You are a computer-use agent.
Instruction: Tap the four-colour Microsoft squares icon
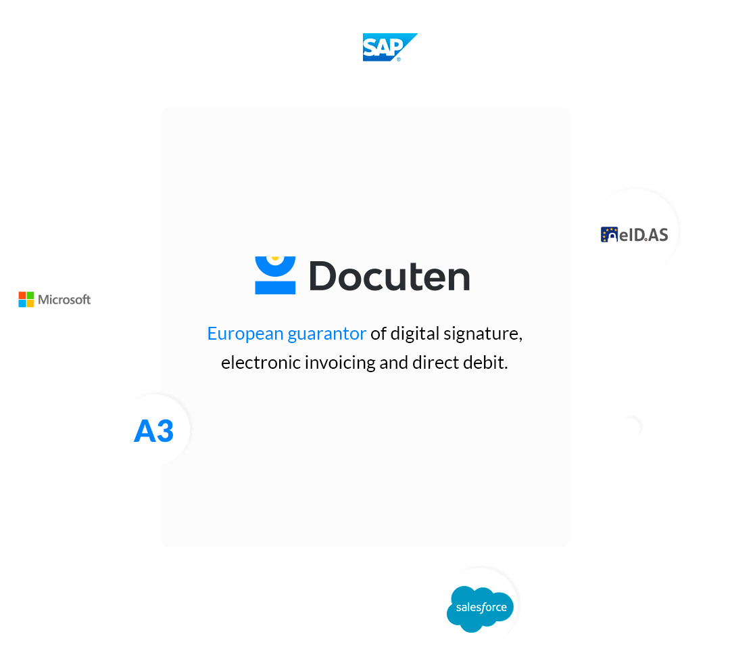click(26, 299)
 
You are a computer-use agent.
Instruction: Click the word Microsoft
click(64, 299)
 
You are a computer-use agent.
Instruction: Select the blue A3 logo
click(153, 431)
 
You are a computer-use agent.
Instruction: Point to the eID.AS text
click(644, 235)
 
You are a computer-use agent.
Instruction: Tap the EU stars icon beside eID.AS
click(609, 235)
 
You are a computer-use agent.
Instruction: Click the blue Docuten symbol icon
click(275, 275)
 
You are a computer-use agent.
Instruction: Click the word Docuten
click(390, 276)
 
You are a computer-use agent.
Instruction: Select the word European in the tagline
click(245, 334)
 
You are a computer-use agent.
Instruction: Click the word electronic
click(261, 363)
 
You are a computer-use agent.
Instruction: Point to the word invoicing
click(340, 363)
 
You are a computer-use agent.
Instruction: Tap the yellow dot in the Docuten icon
click(275, 258)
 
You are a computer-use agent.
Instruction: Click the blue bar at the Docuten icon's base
click(275, 288)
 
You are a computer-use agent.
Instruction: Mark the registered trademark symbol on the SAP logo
click(399, 59)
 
